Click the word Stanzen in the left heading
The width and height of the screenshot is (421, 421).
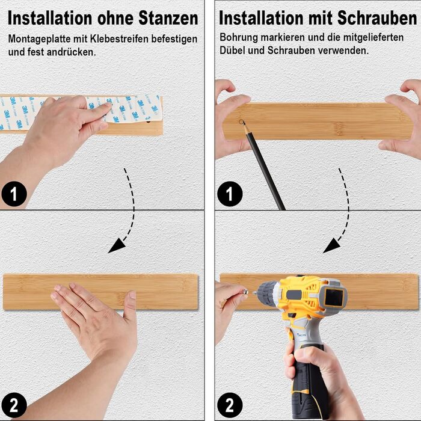[168, 18]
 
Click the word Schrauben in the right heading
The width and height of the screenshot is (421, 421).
[377, 18]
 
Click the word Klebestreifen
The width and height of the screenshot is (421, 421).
[120, 39]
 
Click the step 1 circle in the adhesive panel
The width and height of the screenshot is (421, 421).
[14, 194]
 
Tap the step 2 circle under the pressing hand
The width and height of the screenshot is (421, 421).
[14, 405]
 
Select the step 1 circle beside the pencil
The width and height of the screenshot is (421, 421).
[230, 194]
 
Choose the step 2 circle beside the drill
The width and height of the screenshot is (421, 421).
[230, 405]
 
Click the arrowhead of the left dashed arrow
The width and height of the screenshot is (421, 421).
[117, 246]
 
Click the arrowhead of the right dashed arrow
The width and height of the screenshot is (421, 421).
[331, 246]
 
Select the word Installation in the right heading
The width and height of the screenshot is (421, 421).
[260, 18]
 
